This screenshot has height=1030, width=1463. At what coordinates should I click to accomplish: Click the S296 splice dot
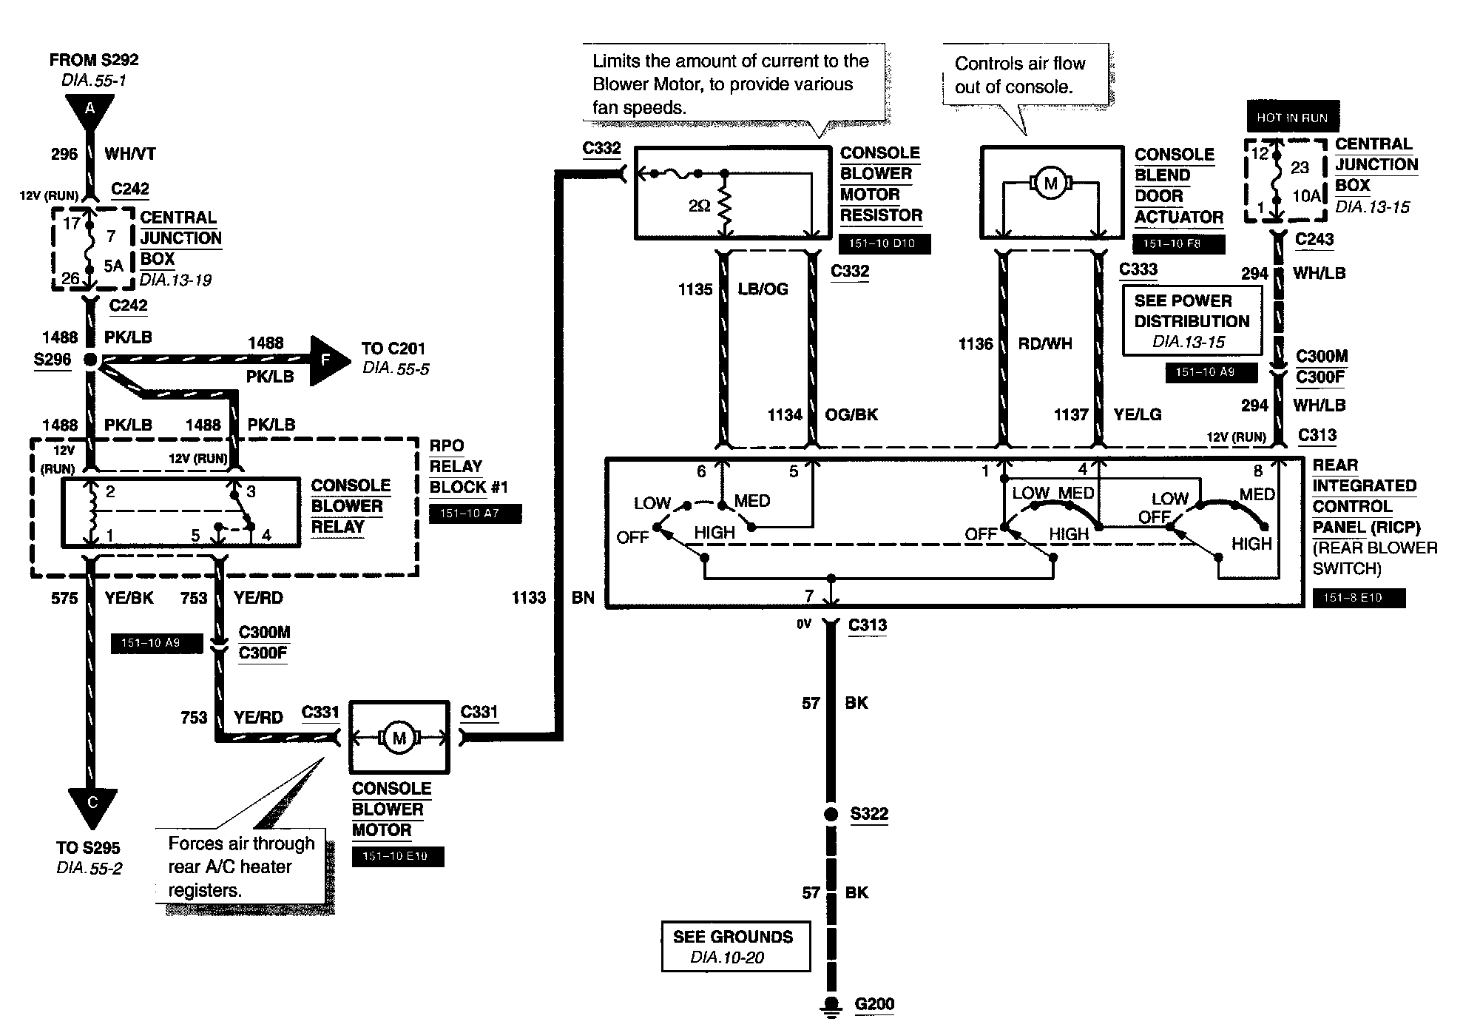click(x=90, y=360)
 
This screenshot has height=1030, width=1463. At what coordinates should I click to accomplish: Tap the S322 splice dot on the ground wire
click(x=831, y=814)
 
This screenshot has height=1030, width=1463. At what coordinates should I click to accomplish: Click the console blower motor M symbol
click(x=399, y=738)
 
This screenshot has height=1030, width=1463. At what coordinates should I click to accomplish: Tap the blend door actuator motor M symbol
click(x=1051, y=184)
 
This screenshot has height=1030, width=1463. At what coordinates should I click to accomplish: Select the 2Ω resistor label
click(x=699, y=206)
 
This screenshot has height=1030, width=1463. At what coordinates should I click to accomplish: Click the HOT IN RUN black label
click(x=1292, y=118)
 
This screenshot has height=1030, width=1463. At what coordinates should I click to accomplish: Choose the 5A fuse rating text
click(x=113, y=265)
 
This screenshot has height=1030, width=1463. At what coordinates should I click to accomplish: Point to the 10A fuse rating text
click(x=1306, y=196)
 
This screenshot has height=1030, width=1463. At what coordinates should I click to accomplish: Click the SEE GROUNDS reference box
click(x=736, y=946)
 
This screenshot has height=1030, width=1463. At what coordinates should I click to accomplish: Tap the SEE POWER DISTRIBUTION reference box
click(x=1192, y=321)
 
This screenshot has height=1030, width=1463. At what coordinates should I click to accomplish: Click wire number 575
click(x=64, y=598)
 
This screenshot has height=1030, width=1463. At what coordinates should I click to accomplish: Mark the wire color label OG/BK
click(x=851, y=415)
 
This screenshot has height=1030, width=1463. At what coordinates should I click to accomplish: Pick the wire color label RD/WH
click(x=1045, y=344)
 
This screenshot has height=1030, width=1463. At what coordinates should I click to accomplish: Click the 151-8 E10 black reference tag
click(x=1359, y=598)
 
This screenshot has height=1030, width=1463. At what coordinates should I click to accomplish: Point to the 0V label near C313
click(x=804, y=625)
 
